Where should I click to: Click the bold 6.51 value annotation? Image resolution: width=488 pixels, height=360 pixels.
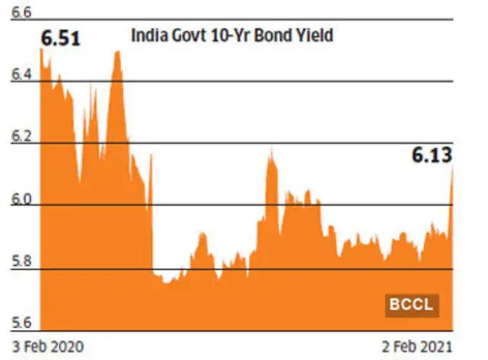pyautogui.click(x=61, y=38)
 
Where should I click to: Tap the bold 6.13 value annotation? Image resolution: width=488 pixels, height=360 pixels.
pyautogui.click(x=431, y=155)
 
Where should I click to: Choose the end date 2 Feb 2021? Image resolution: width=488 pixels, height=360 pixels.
pyautogui.click(x=417, y=345)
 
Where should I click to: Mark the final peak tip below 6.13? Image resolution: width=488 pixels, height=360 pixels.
pyautogui.click(x=453, y=166)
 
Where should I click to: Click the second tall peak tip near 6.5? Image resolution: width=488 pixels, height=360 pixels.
pyautogui.click(x=117, y=51)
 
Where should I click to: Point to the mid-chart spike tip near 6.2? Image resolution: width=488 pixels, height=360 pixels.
pyautogui.click(x=270, y=149)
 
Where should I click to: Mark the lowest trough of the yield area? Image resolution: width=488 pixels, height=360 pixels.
pyautogui.click(x=167, y=283)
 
